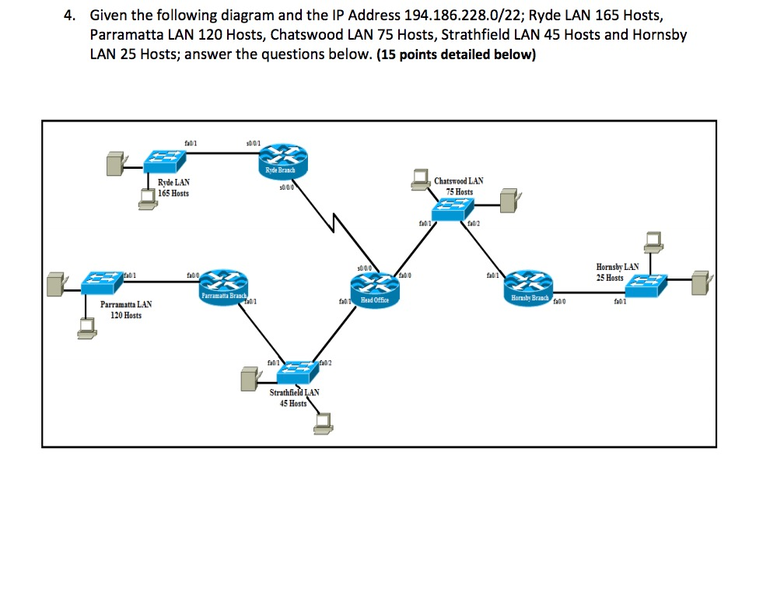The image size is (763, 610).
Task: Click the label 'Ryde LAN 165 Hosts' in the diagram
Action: (173, 188)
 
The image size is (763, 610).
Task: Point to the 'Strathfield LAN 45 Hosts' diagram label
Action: (293, 398)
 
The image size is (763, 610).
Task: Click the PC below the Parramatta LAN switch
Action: (86, 330)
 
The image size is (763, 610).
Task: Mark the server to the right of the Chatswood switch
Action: (509, 201)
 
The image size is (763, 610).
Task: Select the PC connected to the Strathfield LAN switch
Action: (321, 421)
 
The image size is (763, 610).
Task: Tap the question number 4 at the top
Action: (68, 16)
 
